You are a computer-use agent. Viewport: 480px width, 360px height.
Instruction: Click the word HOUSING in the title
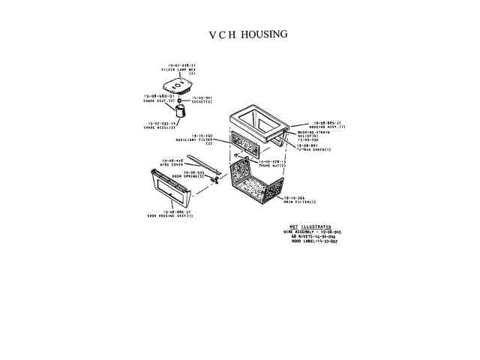[x=264, y=34]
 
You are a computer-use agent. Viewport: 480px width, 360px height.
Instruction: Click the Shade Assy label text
[x=159, y=98]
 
